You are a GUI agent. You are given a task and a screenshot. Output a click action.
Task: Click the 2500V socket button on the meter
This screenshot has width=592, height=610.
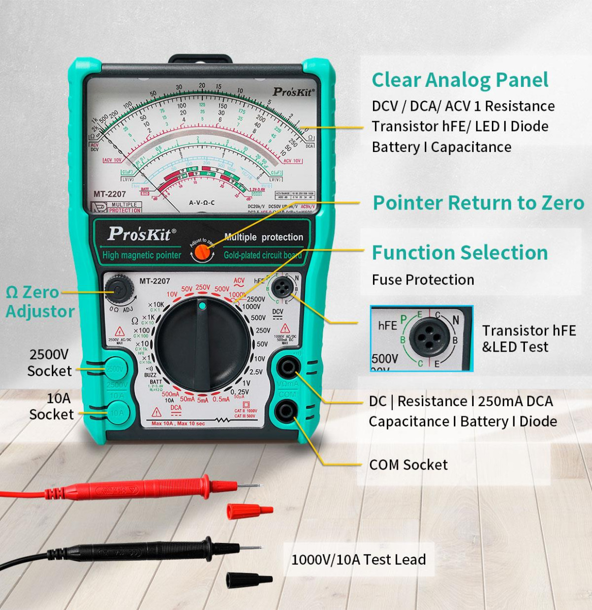pyautogui.click(x=116, y=369)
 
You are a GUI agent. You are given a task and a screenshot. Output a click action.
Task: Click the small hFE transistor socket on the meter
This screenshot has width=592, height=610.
pyautogui.click(x=281, y=288)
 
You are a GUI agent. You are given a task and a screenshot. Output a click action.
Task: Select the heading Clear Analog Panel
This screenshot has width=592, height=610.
pyautogui.click(x=460, y=80)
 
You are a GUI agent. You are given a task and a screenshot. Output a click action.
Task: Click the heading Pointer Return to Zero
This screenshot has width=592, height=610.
pyautogui.click(x=478, y=202)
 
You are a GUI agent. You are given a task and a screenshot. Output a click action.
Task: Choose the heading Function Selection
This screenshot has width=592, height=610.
pyautogui.click(x=460, y=252)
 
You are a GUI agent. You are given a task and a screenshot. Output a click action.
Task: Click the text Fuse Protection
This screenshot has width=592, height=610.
pyautogui.click(x=423, y=280)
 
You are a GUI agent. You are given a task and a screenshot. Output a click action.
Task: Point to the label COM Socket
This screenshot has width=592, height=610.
pyautogui.click(x=408, y=465)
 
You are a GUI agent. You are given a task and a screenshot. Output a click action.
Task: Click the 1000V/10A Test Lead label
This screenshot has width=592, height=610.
pyautogui.click(x=358, y=560)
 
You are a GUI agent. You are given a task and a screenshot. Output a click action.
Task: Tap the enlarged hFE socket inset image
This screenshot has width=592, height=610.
pyautogui.click(x=421, y=338)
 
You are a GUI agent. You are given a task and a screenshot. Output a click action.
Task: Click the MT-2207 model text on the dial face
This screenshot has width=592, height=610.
pyautogui.click(x=155, y=281)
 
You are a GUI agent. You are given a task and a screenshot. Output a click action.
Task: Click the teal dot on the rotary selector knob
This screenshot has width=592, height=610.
pyautogui.click(x=202, y=306)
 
